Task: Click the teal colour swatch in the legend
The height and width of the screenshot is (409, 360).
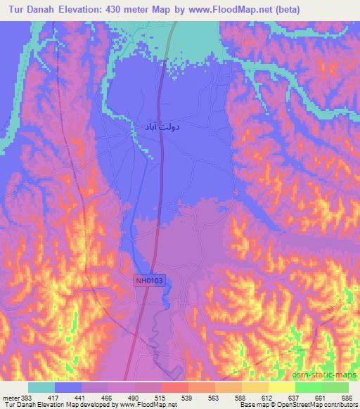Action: tap(41, 387)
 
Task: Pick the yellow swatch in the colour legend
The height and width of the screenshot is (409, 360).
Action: tap(281, 387)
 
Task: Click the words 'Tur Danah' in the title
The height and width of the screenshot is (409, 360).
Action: tap(30, 9)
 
